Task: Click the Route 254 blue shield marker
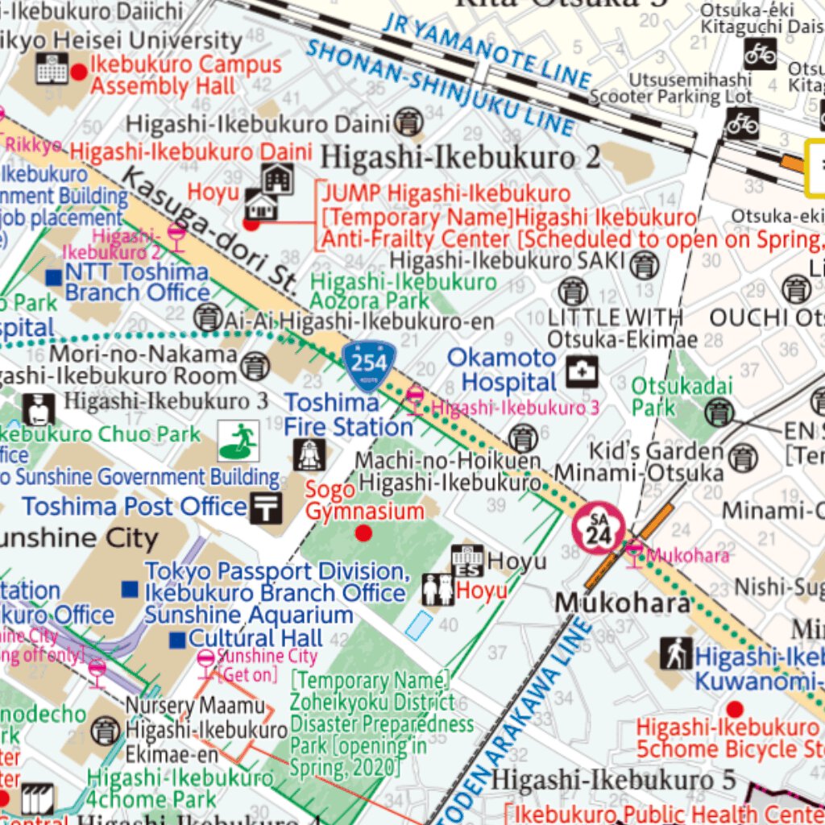(x=368, y=365)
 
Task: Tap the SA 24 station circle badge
(x=599, y=530)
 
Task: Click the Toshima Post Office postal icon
(x=266, y=508)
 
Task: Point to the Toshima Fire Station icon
(x=309, y=454)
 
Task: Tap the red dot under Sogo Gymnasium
(x=363, y=533)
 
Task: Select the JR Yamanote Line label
(x=487, y=49)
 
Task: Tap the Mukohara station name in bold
(x=622, y=603)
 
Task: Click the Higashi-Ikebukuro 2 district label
(x=461, y=157)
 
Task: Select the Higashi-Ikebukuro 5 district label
(x=613, y=780)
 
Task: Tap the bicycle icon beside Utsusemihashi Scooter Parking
(x=742, y=123)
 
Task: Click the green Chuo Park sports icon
(x=238, y=441)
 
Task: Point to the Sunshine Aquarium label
(x=248, y=615)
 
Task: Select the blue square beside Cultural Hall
(x=177, y=640)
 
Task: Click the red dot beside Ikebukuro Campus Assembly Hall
(x=79, y=73)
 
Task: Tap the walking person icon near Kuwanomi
(x=676, y=653)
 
